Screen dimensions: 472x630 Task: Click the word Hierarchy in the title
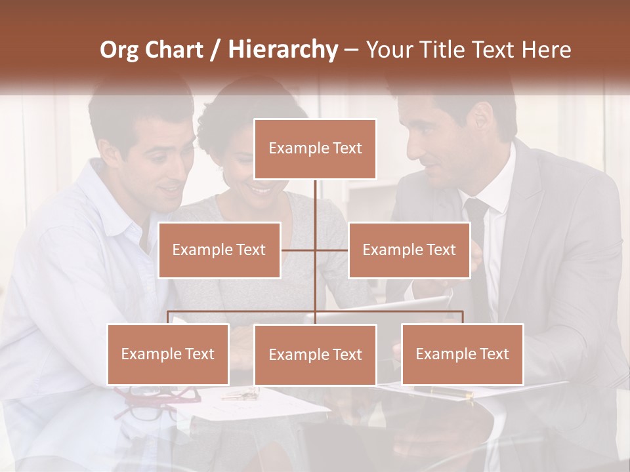point(282,50)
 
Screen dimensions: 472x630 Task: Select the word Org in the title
point(121,50)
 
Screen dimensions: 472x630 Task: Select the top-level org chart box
point(315,149)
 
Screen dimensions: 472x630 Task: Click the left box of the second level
point(219,250)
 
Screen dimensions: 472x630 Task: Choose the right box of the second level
point(409,250)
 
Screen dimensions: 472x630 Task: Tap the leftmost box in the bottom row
point(168,354)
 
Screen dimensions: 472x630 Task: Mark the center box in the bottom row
point(315,355)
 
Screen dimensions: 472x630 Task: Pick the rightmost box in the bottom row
point(462,354)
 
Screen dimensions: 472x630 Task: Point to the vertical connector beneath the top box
point(315,200)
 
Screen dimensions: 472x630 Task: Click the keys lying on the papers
point(239,395)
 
